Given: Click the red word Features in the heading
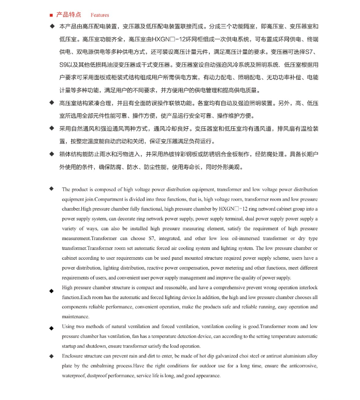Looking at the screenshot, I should pos(100,15).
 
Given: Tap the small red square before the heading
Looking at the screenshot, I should pos(50,15).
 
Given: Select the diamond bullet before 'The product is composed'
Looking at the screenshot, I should pos(51,188).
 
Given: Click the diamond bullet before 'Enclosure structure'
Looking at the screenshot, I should pos(51,356).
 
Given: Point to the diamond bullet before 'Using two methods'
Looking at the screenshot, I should pos(51,328).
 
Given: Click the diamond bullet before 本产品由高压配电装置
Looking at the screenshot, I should pos(51,25).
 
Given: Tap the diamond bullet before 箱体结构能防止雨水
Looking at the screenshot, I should pos(51,154).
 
